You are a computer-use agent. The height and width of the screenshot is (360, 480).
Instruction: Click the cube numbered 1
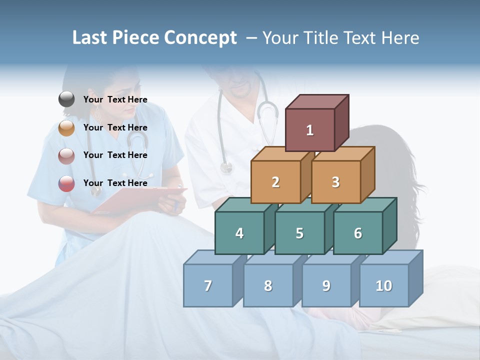(x=310, y=130)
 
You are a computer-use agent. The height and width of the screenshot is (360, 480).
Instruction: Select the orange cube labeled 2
(x=275, y=182)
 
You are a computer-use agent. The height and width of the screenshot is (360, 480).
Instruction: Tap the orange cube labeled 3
(x=335, y=182)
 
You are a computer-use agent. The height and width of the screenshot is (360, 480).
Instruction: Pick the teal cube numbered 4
(x=239, y=233)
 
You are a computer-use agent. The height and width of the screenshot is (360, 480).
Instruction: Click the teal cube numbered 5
(x=299, y=233)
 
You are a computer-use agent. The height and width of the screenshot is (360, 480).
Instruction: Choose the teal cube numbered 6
(x=358, y=233)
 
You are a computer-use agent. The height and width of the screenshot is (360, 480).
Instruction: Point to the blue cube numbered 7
(x=208, y=285)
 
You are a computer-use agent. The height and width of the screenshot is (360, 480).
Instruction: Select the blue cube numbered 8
(x=268, y=285)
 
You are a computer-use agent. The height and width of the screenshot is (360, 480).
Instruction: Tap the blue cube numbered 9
(x=326, y=285)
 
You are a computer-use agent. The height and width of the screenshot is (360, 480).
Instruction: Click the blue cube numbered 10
(x=384, y=285)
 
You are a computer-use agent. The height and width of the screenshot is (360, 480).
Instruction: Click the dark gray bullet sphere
(x=66, y=99)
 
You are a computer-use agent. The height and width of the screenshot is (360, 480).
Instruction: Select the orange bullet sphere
(x=66, y=128)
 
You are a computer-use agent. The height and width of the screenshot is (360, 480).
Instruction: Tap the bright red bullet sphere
(x=66, y=183)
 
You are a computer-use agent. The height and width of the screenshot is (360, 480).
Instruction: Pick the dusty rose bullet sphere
(x=66, y=156)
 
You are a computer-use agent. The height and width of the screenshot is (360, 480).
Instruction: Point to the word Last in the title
(x=90, y=38)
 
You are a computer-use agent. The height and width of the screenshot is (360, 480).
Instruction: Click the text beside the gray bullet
(x=115, y=99)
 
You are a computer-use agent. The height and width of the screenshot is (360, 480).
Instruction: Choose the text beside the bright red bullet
(x=115, y=183)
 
